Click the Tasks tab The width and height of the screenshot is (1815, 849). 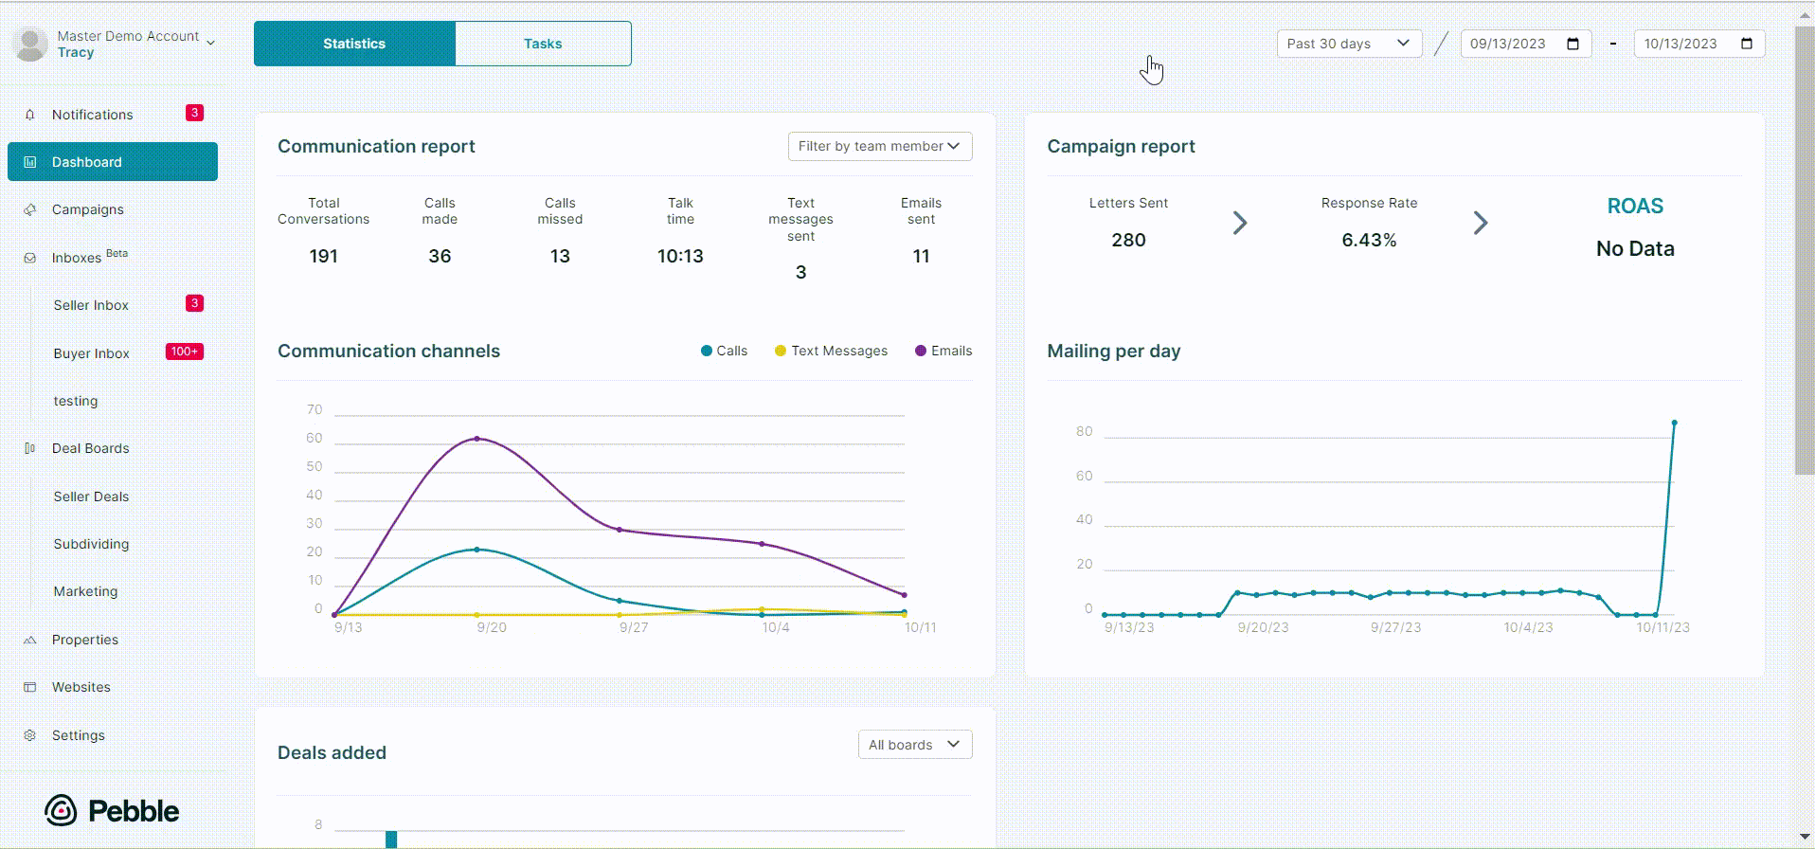(x=543, y=44)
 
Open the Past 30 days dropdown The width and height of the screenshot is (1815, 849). (x=1349, y=44)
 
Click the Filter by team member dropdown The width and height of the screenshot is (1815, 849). (x=879, y=146)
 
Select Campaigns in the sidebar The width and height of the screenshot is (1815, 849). (x=87, y=209)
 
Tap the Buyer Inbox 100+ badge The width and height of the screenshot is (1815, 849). (x=185, y=352)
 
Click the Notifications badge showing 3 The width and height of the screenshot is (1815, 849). (x=194, y=113)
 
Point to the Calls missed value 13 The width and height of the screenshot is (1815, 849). (x=560, y=256)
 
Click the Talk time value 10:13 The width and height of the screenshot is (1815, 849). (x=680, y=256)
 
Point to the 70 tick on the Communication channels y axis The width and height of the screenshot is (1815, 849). (x=314, y=409)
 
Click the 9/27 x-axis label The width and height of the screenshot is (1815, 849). (x=634, y=627)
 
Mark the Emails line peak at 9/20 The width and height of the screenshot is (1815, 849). (x=476, y=439)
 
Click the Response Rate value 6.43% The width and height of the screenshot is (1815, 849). (x=1369, y=240)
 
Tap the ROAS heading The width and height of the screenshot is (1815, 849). (x=1635, y=206)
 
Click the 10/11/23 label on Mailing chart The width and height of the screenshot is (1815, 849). (x=1662, y=627)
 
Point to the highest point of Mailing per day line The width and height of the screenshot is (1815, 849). (x=1675, y=423)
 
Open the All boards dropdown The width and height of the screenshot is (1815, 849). (x=914, y=745)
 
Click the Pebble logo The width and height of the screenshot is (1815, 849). (x=112, y=811)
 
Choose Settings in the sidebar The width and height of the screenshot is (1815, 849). (x=78, y=735)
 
